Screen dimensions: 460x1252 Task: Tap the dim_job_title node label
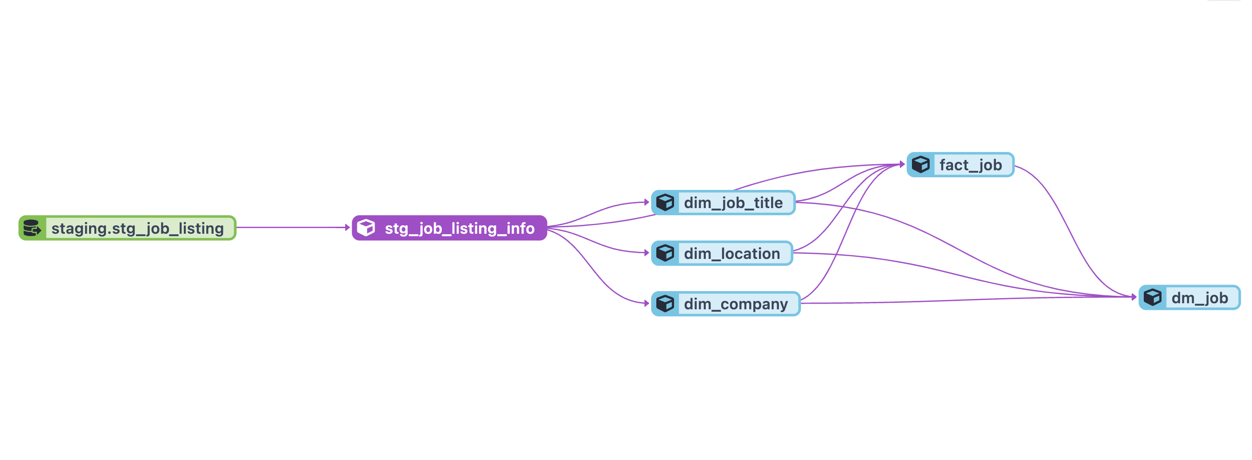733,203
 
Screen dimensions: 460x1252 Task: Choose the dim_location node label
731,253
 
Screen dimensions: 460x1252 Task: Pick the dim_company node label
735,304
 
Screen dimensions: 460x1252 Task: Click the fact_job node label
970,165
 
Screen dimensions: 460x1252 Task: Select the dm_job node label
1199,298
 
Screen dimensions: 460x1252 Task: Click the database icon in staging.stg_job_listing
32,228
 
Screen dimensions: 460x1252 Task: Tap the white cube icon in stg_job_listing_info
366,228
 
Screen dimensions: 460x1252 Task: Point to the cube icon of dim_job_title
665,202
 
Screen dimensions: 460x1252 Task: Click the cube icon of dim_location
665,253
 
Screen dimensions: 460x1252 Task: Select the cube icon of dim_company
665,303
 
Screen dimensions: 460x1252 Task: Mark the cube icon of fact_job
920,164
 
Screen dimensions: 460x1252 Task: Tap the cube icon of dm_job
1152,297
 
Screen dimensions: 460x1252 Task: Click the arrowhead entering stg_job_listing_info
348,228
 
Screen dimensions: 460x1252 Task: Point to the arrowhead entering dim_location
647,253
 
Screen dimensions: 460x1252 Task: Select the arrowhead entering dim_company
647,303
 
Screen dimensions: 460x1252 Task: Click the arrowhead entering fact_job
902,164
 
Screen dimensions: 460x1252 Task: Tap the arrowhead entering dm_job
1134,297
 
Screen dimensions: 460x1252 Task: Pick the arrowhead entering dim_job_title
647,202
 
